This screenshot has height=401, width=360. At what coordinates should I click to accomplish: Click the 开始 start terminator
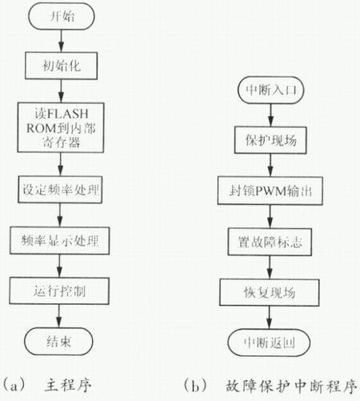[x=62, y=17]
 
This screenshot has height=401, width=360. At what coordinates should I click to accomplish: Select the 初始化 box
[x=61, y=66]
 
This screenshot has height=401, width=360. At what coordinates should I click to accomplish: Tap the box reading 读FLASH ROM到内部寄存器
[x=61, y=127]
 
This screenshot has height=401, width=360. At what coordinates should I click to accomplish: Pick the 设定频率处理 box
[x=60, y=190]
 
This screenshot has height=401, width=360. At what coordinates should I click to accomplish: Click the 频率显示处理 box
[x=60, y=240]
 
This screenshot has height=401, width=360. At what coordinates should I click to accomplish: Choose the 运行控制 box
[x=59, y=291]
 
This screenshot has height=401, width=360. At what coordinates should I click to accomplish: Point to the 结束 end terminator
[x=58, y=341]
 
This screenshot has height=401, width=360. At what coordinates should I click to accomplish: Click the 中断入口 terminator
[x=271, y=90]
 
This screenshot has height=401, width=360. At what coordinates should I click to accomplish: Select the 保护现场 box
[x=270, y=140]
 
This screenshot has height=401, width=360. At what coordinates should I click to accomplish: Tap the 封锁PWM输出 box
[x=270, y=190]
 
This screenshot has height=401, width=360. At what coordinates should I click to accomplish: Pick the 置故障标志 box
[x=270, y=242]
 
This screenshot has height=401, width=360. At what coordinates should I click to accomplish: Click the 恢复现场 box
[x=270, y=292]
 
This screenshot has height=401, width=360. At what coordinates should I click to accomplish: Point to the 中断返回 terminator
[x=269, y=343]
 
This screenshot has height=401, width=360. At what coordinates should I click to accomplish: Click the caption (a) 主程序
[x=46, y=385]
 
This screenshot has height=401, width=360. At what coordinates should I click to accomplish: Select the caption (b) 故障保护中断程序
[x=270, y=386]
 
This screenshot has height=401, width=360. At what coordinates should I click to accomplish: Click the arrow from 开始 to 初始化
[x=62, y=41]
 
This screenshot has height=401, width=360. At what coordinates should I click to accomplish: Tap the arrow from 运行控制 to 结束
[x=59, y=316]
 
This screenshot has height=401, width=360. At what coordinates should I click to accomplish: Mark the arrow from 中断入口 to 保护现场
[x=271, y=115]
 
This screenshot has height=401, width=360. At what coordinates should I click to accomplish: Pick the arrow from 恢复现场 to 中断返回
[x=270, y=317]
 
